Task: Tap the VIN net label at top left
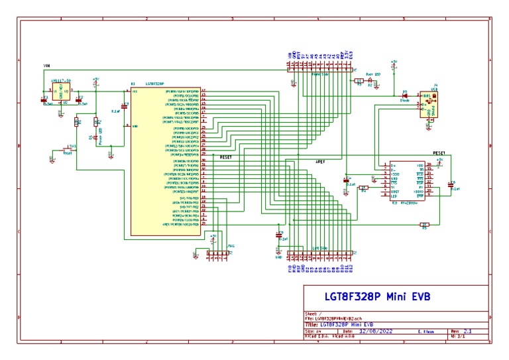[x=46, y=66]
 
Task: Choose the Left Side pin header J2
[x=321, y=254]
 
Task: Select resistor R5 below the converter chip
[x=424, y=225]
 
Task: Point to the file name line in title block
[x=338, y=319]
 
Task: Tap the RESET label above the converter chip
[x=440, y=152]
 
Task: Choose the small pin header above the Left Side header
[x=217, y=253]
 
